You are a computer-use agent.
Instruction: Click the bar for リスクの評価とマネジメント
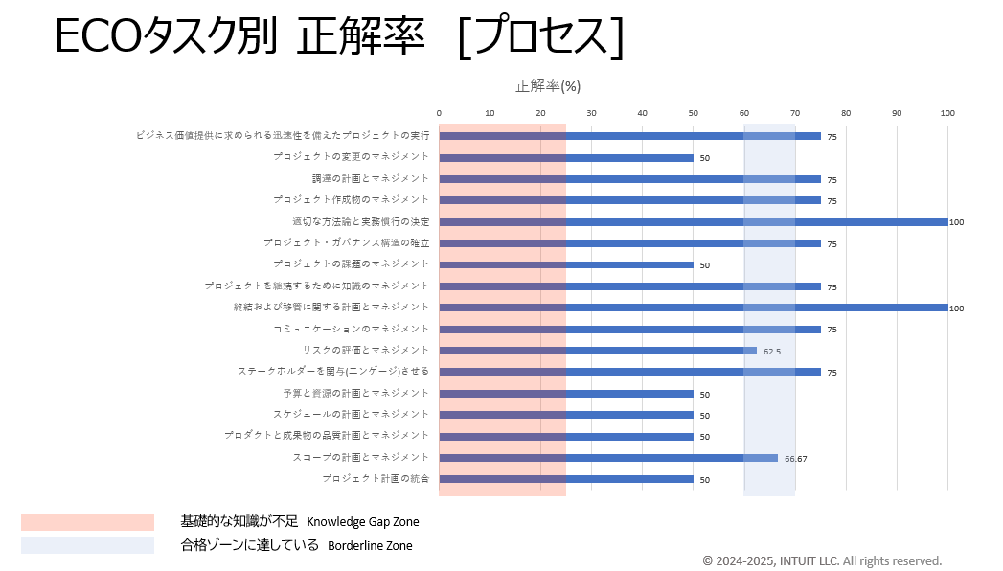tap(598, 351)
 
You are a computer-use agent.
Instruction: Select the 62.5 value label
tap(772, 352)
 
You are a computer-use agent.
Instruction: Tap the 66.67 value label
tap(795, 459)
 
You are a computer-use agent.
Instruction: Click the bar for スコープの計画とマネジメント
tap(608, 458)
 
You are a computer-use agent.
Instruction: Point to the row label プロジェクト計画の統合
tap(376, 478)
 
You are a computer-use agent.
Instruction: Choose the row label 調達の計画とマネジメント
tap(370, 178)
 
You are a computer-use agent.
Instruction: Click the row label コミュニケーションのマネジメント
tap(351, 329)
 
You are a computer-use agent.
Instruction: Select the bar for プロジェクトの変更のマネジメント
tap(566, 157)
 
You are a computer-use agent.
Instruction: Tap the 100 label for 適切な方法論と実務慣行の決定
tap(956, 222)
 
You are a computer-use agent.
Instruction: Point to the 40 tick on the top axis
tap(642, 113)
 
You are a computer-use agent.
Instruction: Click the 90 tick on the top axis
tap(897, 113)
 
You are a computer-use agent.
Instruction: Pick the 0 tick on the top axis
tap(439, 113)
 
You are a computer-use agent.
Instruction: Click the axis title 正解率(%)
tap(548, 86)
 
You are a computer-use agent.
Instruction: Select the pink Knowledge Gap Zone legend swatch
tap(87, 522)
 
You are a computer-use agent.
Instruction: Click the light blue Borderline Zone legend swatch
tap(87, 545)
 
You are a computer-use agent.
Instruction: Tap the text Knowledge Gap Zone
tap(363, 522)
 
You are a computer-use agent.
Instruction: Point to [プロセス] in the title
tap(541, 38)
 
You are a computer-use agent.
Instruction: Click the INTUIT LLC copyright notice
tap(822, 560)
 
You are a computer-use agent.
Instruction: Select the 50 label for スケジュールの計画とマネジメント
tap(704, 416)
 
